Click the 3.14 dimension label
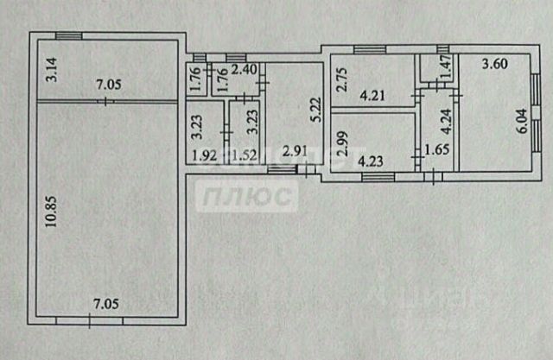[x=50, y=68]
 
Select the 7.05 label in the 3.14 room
[x=110, y=85]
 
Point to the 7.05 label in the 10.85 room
[x=108, y=305]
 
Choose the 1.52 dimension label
[x=245, y=157]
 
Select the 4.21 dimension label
[x=372, y=97]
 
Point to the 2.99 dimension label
[x=340, y=141]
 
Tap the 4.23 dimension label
[x=372, y=159]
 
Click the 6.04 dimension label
[x=519, y=116]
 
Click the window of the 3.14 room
[x=69, y=35]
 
